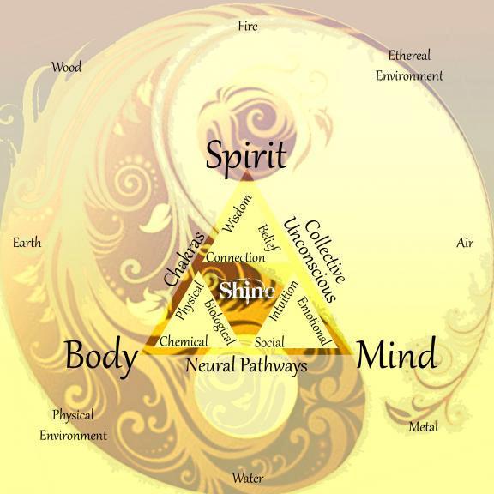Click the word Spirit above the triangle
pyautogui.click(x=246, y=157)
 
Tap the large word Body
pyautogui.click(x=101, y=356)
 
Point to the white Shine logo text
pyautogui.click(x=247, y=291)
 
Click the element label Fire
pyautogui.click(x=248, y=26)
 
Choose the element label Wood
pyautogui.click(x=66, y=67)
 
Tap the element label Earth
pyautogui.click(x=27, y=243)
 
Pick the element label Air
pyautogui.click(x=465, y=243)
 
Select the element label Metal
pyautogui.click(x=424, y=427)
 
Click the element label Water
pyautogui.click(x=248, y=478)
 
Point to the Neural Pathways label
pyautogui.click(x=246, y=365)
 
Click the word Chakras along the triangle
pyautogui.click(x=184, y=259)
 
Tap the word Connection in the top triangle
pyautogui.click(x=235, y=257)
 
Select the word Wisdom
pyautogui.click(x=237, y=214)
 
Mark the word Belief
pyautogui.click(x=268, y=238)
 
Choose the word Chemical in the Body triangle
pyautogui.click(x=184, y=341)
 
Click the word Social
pyautogui.click(x=269, y=342)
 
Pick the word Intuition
pyautogui.click(x=283, y=300)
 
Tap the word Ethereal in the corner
pyautogui.click(x=409, y=56)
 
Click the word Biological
pyautogui.click(x=220, y=322)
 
